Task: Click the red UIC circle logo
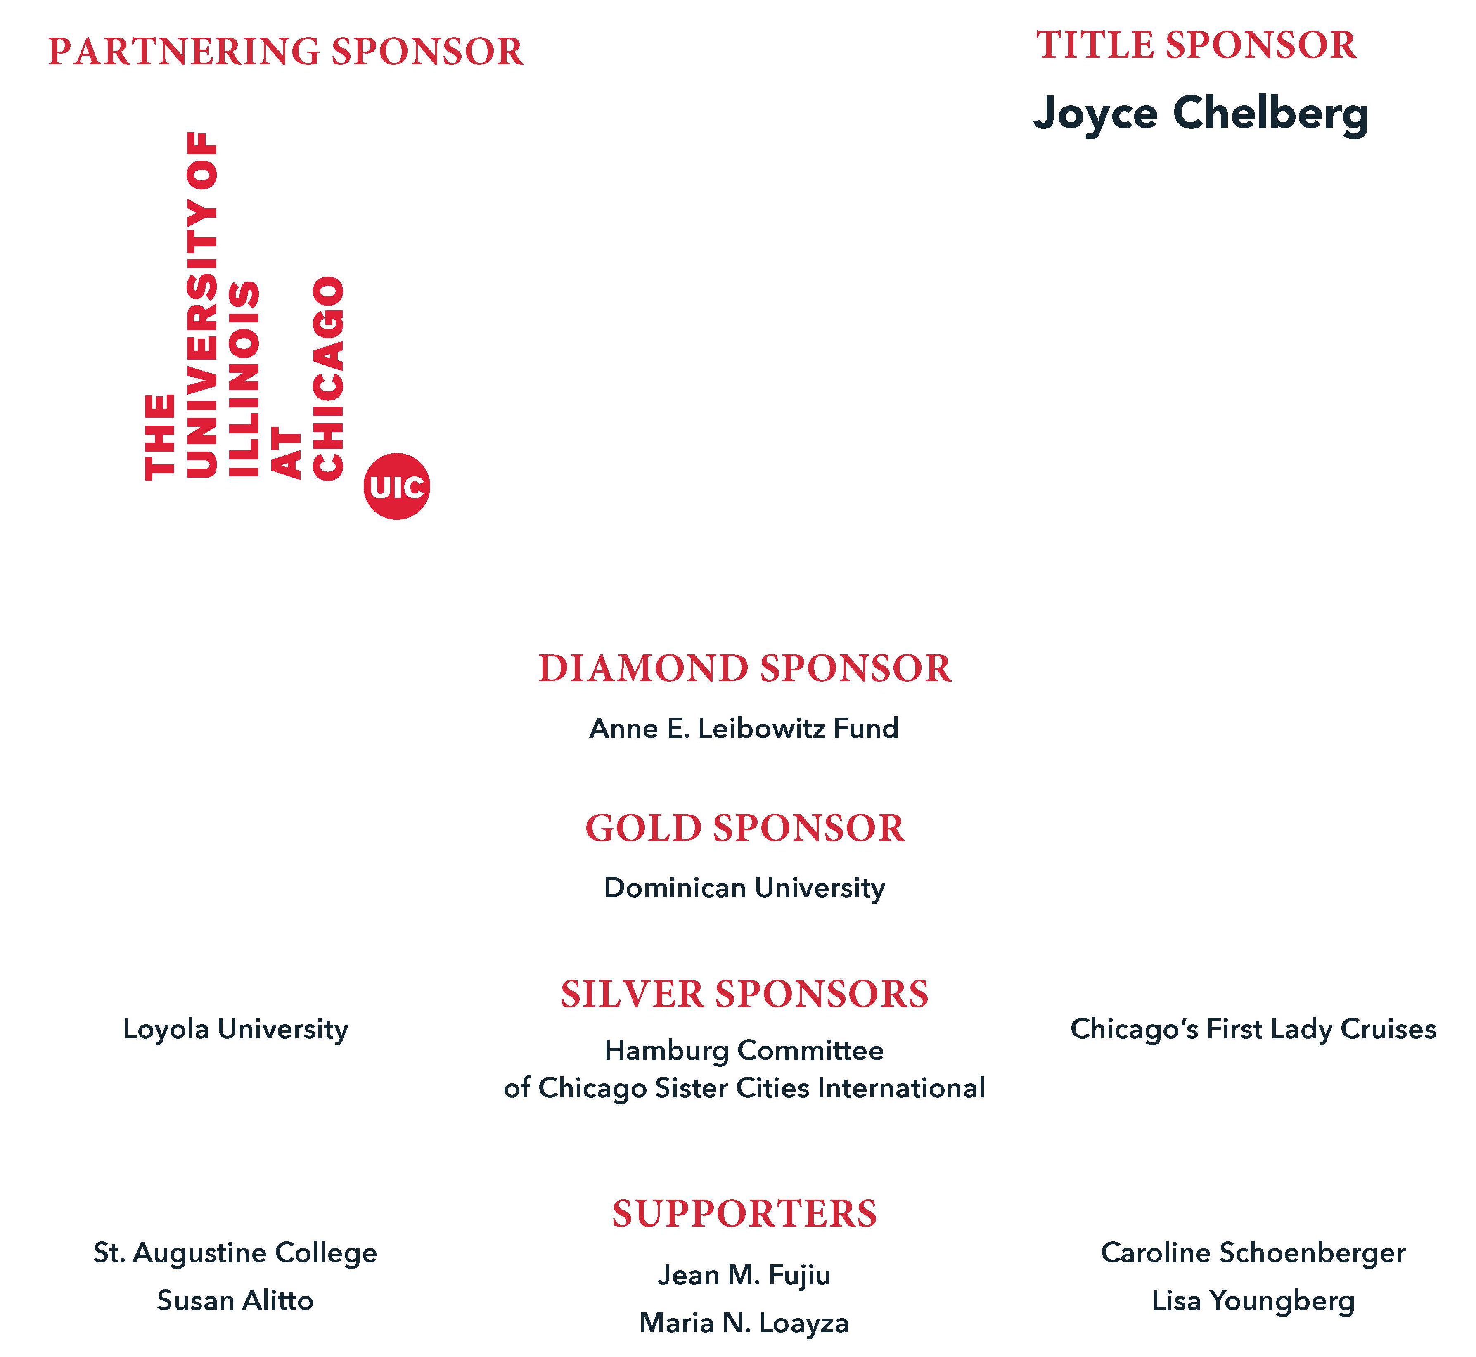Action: coord(396,486)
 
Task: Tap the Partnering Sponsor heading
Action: coord(286,52)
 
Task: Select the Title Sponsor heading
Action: coord(1196,45)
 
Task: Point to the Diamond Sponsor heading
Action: coord(745,669)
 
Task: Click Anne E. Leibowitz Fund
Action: coord(744,728)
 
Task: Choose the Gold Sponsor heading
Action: coord(745,828)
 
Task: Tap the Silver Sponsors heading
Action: coord(745,994)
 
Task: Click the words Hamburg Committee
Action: coord(744,1051)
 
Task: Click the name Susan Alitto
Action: coord(235,1300)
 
